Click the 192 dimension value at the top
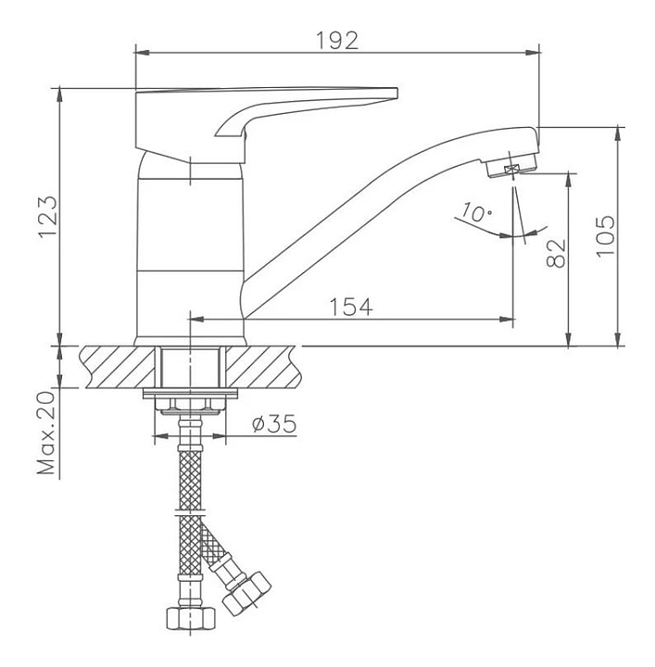coord(337,41)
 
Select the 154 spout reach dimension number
coord(351,307)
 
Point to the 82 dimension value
coord(556,253)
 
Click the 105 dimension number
coord(605,236)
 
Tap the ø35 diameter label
coord(273,423)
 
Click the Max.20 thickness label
coord(46,433)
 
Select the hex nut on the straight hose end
coord(190,619)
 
